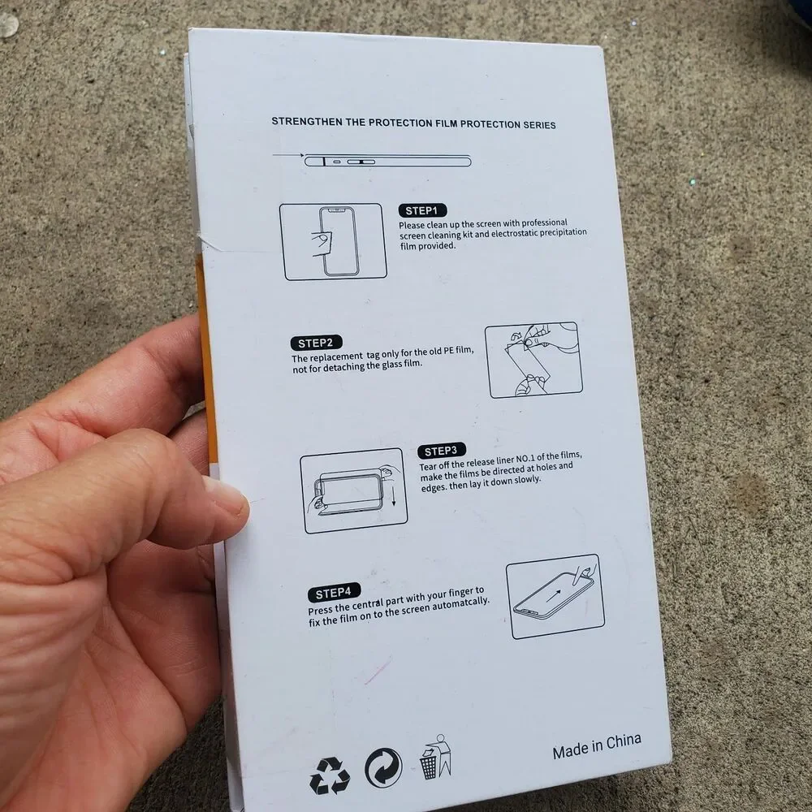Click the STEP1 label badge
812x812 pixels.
click(422, 210)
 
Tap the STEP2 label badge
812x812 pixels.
click(316, 343)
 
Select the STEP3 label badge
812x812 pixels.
click(441, 451)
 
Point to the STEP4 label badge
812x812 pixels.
click(334, 593)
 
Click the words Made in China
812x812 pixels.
click(597, 745)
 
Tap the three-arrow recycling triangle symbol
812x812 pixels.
click(330, 775)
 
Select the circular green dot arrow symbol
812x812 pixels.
click(383, 767)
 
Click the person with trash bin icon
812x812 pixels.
click(435, 757)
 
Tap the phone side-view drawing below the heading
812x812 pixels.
click(387, 161)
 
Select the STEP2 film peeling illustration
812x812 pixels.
click(534, 360)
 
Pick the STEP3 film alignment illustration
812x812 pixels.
click(354, 490)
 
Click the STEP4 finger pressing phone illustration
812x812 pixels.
click(555, 596)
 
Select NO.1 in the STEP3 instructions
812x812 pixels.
click(525, 459)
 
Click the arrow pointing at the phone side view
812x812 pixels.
click(288, 155)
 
